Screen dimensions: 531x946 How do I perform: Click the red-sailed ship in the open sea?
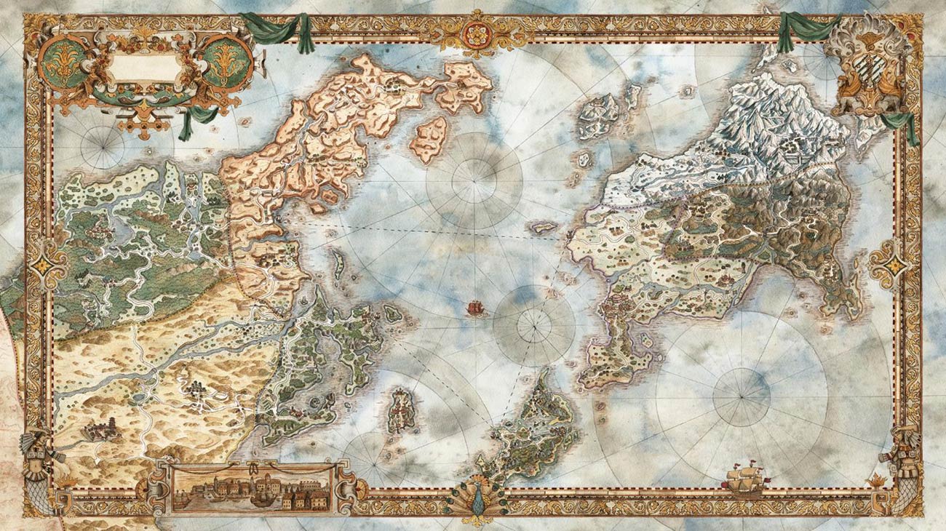(x=474, y=308)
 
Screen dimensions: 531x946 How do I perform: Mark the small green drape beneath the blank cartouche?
(x=191, y=121)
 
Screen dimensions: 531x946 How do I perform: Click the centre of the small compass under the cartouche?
(x=103, y=148)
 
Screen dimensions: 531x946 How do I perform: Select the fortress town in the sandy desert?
(x=103, y=429)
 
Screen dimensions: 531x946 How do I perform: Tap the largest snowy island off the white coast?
(x=599, y=116)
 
